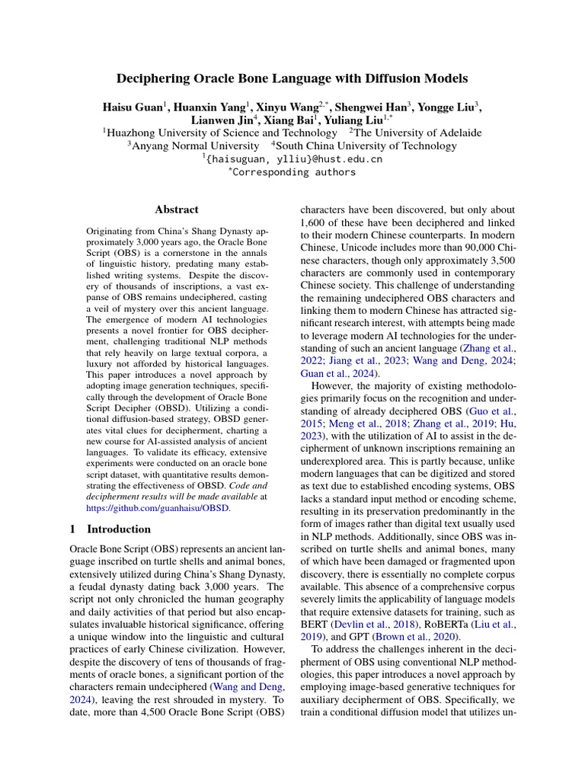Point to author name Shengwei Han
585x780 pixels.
(379, 107)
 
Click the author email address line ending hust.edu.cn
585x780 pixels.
(292, 159)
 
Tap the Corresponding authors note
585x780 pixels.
(292, 172)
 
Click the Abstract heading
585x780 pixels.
(177, 209)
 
